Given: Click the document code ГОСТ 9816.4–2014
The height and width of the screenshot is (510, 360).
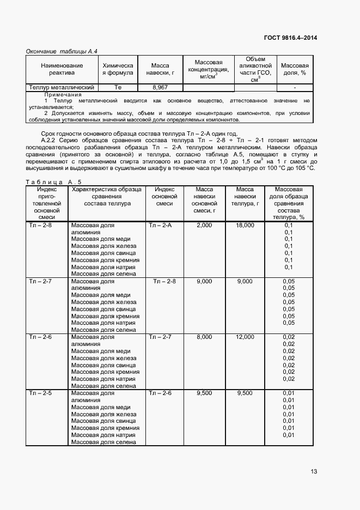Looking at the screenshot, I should click(x=290, y=38).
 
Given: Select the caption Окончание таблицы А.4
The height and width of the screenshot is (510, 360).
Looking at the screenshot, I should click(x=62, y=51).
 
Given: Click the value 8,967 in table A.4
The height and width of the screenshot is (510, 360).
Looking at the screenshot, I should click(x=160, y=87).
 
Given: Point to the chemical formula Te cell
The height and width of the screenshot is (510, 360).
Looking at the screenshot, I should click(x=118, y=87).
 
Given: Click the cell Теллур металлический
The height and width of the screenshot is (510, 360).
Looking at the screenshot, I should click(x=62, y=87).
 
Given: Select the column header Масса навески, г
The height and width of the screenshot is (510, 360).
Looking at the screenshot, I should click(x=160, y=69).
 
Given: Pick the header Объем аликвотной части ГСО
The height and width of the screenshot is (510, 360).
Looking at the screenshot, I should click(x=255, y=69).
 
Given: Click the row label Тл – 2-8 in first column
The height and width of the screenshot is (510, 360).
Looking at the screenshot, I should click(x=40, y=225).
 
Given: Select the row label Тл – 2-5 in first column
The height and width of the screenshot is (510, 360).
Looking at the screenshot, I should click(x=40, y=393).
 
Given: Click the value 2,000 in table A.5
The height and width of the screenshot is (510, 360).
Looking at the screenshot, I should click(x=204, y=225).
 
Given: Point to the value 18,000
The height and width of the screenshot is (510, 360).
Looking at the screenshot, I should click(x=245, y=225).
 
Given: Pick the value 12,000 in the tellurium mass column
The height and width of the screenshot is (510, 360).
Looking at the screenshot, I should click(x=245, y=337).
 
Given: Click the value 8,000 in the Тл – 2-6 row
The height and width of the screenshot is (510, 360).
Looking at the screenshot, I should click(x=204, y=337).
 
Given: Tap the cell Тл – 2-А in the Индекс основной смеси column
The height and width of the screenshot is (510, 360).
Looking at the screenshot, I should click(x=160, y=225).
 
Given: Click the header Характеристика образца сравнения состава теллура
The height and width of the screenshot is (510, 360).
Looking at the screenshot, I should click(x=107, y=196).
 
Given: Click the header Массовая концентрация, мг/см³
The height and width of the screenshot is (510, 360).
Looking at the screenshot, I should click(x=208, y=69).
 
